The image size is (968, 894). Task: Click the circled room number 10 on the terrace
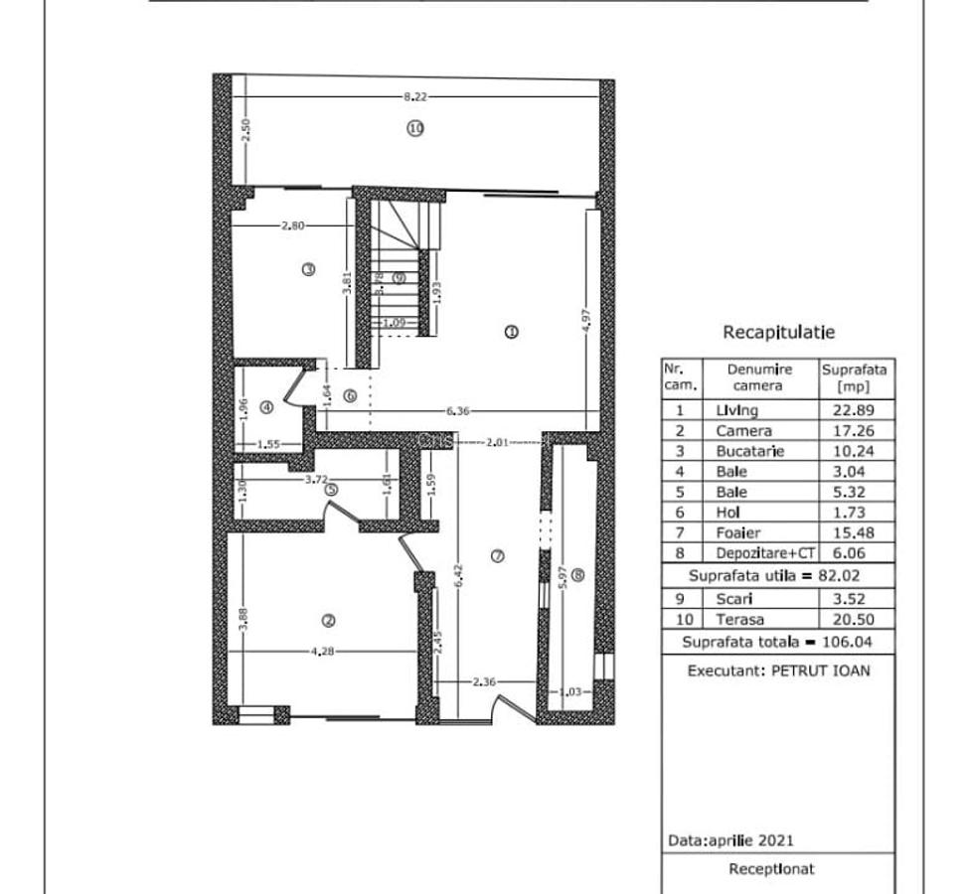415,127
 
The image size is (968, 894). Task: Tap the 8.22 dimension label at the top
415,96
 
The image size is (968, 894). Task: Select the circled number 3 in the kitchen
309,268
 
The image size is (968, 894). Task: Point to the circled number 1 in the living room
511,333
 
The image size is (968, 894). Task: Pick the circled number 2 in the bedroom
328,621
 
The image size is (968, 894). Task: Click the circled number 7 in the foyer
498,556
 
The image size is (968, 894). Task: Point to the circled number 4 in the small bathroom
266,406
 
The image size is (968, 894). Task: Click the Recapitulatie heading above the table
778,333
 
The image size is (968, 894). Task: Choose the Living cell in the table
736,410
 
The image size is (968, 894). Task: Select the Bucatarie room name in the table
749,451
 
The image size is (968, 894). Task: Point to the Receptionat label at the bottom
771,869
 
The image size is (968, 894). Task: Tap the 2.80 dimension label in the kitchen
292,225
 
